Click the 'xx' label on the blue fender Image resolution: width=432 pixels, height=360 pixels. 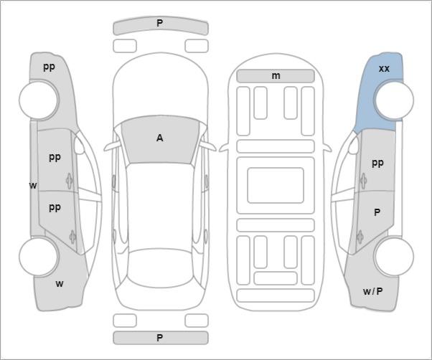pyautogui.click(x=384, y=69)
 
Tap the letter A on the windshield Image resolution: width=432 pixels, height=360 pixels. pyautogui.click(x=159, y=138)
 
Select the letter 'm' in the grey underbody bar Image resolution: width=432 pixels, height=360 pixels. pyautogui.click(x=276, y=76)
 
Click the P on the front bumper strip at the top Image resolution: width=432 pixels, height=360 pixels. pyautogui.click(x=159, y=23)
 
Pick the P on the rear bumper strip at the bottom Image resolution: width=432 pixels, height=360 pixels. pyautogui.click(x=159, y=338)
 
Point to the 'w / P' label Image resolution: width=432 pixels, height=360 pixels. pyautogui.click(x=372, y=291)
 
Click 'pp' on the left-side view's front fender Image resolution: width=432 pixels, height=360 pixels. pyautogui.click(x=49, y=67)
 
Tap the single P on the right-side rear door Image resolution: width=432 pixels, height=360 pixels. pyautogui.click(x=377, y=212)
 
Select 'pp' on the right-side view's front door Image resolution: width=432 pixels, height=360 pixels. pyautogui.click(x=377, y=164)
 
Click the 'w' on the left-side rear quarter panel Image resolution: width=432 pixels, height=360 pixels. pyautogui.click(x=60, y=283)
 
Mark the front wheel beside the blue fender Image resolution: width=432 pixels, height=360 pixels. pyautogui.click(x=394, y=100)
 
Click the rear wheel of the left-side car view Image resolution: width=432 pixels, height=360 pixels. pyautogui.click(x=39, y=257)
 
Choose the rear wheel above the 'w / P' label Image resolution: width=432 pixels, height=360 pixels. pyautogui.click(x=394, y=256)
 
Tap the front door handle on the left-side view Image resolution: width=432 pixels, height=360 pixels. pyautogui.click(x=70, y=181)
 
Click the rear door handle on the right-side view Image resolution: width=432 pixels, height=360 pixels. pyautogui.click(x=360, y=237)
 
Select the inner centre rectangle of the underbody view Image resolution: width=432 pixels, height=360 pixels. pyautogui.click(x=276, y=185)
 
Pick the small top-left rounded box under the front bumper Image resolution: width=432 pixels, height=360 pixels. pyautogui.click(x=125, y=46)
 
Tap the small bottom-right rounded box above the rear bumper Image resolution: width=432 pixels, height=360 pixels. pyautogui.click(x=197, y=321)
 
